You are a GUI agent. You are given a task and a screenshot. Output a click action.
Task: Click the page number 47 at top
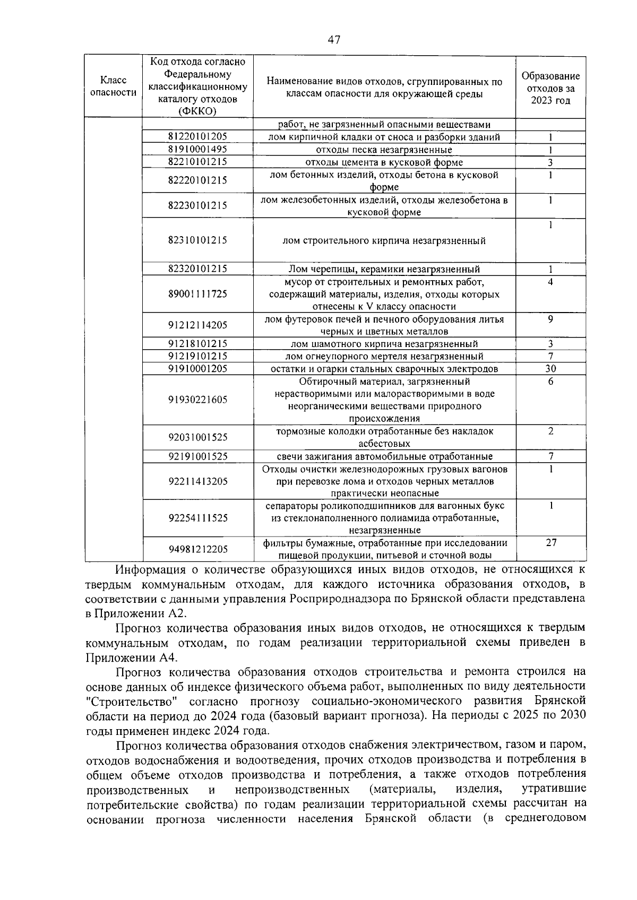[x=334, y=40]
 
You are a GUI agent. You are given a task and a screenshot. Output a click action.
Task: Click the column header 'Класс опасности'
[x=113, y=86]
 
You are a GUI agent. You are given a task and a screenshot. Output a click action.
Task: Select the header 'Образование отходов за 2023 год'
[x=550, y=88]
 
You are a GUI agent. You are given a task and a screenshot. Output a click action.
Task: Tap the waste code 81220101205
[x=197, y=137]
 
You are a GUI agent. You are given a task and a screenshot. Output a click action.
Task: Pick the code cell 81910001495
[x=197, y=150]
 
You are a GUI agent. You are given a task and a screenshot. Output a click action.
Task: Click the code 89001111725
[x=197, y=294]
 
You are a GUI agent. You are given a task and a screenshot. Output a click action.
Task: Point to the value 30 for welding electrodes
[x=550, y=369]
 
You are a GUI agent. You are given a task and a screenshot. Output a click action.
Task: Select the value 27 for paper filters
[x=551, y=542]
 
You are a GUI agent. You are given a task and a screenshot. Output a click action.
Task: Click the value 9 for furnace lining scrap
[x=550, y=319]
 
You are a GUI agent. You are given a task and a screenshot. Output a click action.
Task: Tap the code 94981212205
[x=197, y=549]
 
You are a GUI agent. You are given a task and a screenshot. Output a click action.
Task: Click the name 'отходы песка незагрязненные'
[x=384, y=150]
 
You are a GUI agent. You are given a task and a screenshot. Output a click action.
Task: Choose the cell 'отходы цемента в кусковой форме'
[x=384, y=162]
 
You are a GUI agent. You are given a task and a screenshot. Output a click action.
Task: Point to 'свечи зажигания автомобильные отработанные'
[x=384, y=456]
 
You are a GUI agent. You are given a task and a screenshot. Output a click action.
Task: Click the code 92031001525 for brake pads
[x=197, y=437]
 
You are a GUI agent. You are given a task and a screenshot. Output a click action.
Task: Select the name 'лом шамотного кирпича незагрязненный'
[x=384, y=344]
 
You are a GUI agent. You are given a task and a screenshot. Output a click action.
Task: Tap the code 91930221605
[x=197, y=400]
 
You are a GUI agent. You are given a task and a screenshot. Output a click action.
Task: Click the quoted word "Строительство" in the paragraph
[x=131, y=701]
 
